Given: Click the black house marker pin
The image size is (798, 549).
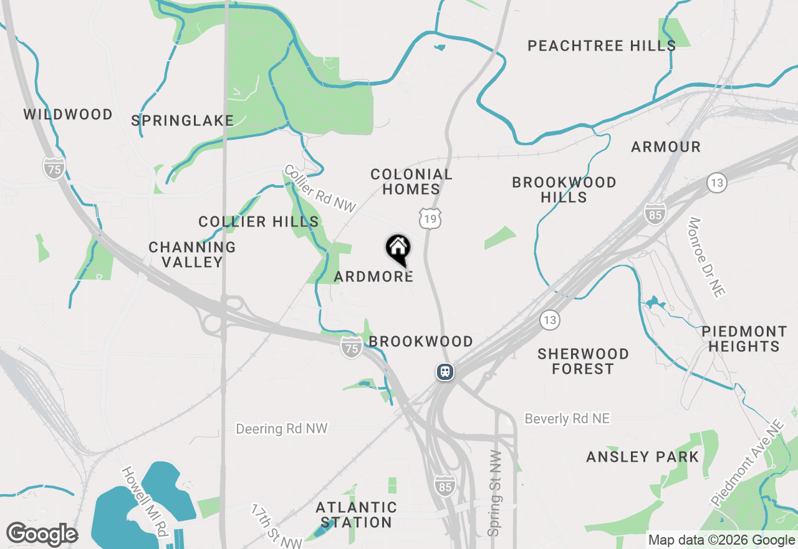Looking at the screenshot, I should point(398,248).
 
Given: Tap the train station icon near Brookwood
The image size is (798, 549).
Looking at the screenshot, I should point(445,372).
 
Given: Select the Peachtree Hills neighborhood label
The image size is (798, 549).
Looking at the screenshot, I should point(602,46).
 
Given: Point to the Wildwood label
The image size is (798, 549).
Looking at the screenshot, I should point(69,114).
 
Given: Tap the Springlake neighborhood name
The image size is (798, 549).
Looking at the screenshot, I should point(182,120).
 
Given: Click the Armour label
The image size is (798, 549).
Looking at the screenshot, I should point(666,147).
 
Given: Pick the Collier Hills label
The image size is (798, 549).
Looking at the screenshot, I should point(259,221).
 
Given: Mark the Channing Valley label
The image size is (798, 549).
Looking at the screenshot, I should point(192,255).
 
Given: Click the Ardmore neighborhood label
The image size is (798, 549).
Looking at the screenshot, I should point(373,276).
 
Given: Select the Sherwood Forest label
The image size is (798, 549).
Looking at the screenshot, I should point(583,361).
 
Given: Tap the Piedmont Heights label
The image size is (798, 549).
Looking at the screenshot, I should point(744,338).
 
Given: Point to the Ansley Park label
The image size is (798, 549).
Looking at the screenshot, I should point(643,457).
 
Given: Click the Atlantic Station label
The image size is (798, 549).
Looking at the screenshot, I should point(356,514).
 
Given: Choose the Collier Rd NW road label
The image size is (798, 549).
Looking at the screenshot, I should point(320,188).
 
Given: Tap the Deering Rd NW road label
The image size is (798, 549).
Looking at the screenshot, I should point(282,429).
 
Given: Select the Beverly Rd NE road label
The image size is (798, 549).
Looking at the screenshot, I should point(567,419).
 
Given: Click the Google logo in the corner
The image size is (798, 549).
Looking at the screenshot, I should point(42,535).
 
